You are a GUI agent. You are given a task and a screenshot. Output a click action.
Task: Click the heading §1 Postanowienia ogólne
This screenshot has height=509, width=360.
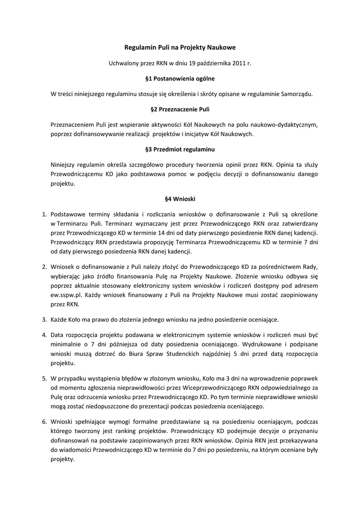[x=180, y=79]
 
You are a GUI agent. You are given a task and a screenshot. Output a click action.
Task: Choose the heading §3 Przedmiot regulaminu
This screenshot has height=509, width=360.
[x=180, y=149]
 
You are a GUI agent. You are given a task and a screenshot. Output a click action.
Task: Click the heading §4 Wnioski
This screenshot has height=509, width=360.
[x=180, y=199]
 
